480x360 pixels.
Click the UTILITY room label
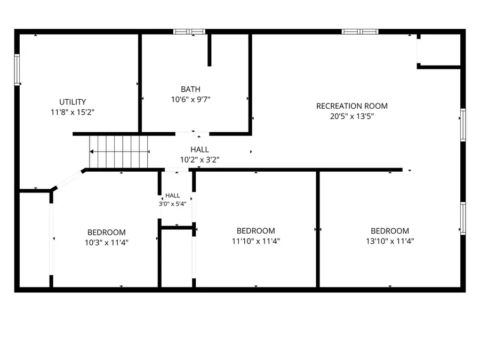73,102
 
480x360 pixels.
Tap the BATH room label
190,90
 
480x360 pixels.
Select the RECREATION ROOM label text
352,106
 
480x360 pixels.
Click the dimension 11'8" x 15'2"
73,112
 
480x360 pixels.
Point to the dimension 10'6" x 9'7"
190,100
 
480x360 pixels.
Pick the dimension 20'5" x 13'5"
352,116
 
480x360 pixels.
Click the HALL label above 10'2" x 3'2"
199,150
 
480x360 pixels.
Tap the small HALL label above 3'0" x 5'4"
173,196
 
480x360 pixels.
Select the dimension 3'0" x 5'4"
173,204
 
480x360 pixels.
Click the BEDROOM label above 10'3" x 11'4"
107,233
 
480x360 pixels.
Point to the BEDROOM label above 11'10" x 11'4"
256,231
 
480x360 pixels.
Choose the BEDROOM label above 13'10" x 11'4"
390,231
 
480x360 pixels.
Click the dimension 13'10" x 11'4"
390,241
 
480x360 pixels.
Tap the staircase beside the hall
118,152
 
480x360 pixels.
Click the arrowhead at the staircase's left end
91,151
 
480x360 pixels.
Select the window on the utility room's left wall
17,70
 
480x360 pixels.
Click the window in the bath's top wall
189,31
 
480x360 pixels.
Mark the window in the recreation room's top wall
360,31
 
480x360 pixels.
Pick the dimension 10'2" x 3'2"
199,160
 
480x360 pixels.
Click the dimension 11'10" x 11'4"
256,241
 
